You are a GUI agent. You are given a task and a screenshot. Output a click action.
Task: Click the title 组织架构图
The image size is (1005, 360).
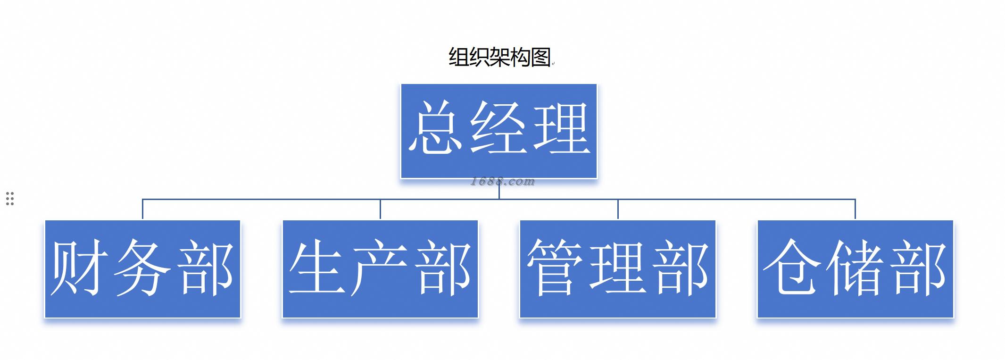(499, 58)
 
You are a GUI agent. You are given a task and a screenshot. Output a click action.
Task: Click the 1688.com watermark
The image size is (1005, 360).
(503, 182)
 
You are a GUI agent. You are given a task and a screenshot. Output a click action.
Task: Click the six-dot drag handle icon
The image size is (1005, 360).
(10, 199)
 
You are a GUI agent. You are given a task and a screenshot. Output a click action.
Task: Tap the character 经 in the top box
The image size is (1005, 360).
(498, 128)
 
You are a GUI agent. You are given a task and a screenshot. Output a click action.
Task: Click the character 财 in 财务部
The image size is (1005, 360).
(79, 268)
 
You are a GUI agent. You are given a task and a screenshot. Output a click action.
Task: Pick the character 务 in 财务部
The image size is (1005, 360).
(142, 268)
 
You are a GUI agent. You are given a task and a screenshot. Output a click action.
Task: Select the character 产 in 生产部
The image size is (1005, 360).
(380, 268)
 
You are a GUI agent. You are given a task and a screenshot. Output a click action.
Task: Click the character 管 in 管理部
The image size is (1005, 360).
(555, 268)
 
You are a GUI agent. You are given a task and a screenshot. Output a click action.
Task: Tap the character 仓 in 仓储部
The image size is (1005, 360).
(792, 268)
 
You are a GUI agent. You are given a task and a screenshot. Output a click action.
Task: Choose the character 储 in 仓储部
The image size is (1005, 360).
(855, 268)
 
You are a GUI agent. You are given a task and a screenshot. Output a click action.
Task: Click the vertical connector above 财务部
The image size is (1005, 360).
(142, 209)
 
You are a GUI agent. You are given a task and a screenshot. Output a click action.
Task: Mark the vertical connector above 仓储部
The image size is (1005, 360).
(855, 209)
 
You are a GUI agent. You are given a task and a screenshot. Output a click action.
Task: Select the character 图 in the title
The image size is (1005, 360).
(540, 58)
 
